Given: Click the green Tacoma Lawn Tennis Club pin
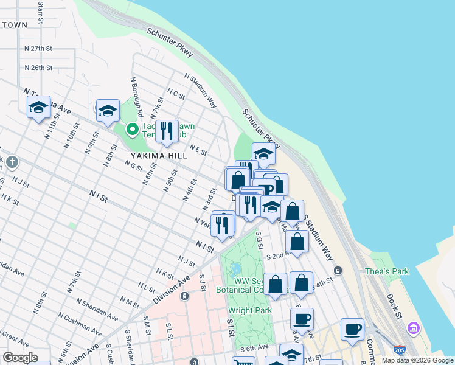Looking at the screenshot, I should tap(131, 129).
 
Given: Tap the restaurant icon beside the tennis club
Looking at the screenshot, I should tap(166, 131).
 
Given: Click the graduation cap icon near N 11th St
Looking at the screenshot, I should tap(38, 108).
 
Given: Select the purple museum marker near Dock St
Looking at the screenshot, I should tap(414, 328).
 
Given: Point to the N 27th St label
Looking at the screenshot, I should tap(38, 48).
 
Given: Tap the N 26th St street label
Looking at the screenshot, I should tap(38, 68).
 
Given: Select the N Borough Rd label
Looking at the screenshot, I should tap(136, 96).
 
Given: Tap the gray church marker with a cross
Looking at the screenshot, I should tap(12, 162).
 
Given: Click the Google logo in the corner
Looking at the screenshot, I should tap(19, 358).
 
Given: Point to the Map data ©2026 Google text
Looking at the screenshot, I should tap(417, 360).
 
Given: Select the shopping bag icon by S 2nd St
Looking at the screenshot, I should tap(297, 242).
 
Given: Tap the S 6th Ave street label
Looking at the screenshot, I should tap(254, 349).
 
